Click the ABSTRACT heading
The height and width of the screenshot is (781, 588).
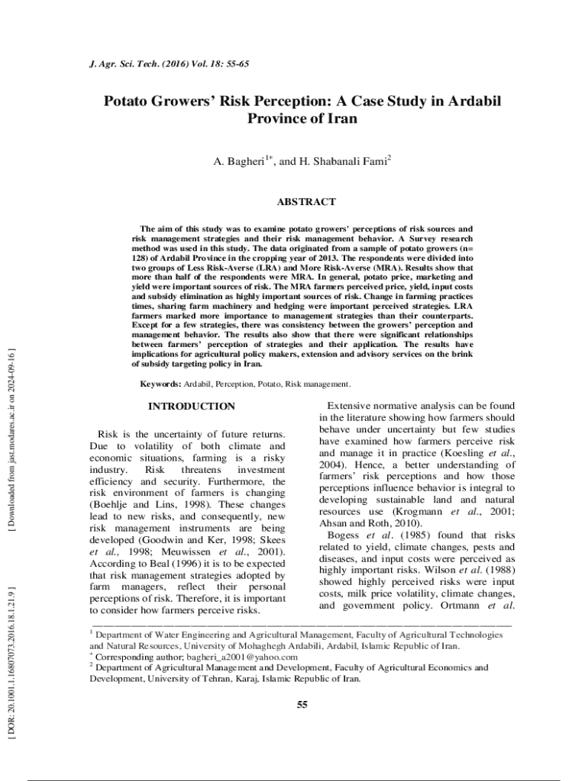point(305,202)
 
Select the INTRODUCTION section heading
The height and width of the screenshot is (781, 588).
point(191,407)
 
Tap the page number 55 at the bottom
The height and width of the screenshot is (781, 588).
point(302,704)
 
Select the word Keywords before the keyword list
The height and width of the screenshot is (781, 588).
point(160,384)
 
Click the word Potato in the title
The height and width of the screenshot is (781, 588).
point(131,102)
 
